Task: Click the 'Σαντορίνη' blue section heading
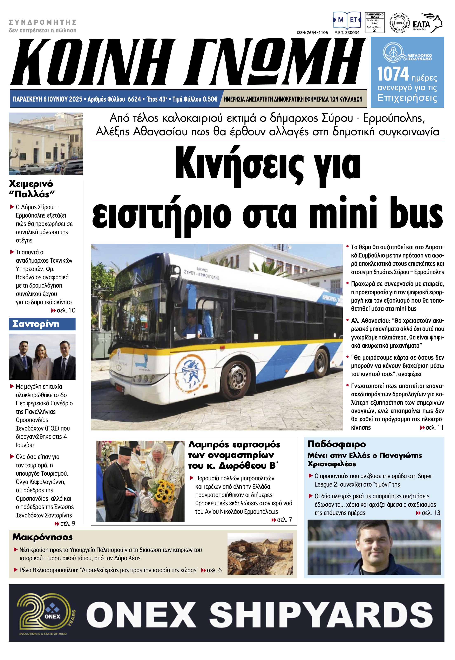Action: (36, 324)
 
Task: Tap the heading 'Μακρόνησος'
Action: (42, 537)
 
